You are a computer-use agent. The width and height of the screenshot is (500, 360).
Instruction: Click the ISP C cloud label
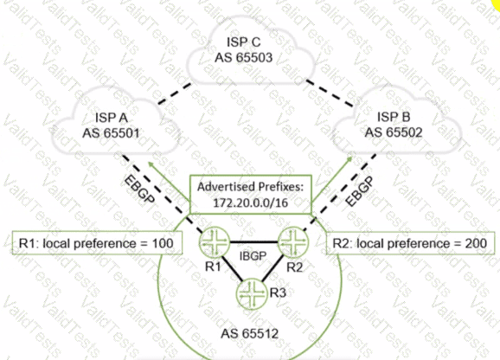(x=244, y=42)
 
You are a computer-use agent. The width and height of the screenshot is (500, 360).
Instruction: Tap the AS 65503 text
(x=244, y=58)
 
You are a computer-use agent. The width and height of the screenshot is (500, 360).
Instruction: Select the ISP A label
(x=112, y=118)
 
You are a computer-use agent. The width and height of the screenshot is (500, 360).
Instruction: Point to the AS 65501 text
(x=112, y=133)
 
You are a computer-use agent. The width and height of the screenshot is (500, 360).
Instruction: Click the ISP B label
(x=394, y=117)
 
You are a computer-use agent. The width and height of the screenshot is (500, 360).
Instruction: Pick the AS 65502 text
(x=394, y=132)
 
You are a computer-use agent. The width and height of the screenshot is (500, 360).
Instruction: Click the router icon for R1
(x=215, y=242)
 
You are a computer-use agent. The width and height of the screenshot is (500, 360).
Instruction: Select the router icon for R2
(x=293, y=242)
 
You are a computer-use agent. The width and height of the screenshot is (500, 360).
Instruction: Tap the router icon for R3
(x=252, y=294)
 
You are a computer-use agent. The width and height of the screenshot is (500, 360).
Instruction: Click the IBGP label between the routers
(x=253, y=256)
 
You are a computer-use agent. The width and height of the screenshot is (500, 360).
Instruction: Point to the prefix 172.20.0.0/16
(x=250, y=202)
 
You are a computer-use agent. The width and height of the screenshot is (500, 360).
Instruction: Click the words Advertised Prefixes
(x=250, y=187)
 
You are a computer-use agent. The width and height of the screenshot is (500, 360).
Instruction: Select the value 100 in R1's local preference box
(x=163, y=243)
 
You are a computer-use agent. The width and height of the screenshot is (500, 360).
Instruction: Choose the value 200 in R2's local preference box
(x=476, y=243)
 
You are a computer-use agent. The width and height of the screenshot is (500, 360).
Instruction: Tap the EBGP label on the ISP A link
(x=139, y=190)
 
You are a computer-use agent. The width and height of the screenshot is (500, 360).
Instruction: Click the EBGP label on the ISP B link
(x=359, y=191)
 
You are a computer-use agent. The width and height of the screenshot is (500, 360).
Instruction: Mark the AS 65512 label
(x=250, y=333)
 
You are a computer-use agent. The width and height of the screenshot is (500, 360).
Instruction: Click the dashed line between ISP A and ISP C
(x=175, y=93)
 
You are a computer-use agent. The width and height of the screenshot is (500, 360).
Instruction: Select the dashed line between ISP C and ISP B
(x=330, y=93)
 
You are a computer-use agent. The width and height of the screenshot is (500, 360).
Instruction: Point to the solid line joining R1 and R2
(x=253, y=242)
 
